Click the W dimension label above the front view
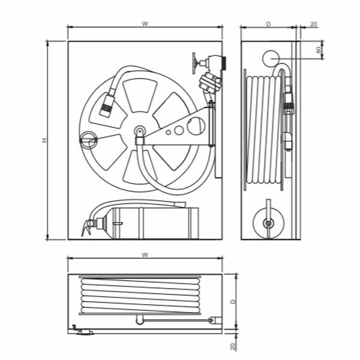click(145, 23)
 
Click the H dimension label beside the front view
click(44, 140)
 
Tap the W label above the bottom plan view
click(145, 254)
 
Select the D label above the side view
click(268, 24)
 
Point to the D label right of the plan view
click(233, 301)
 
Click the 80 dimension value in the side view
click(319, 50)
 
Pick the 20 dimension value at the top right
click(314, 24)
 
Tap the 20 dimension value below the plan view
click(233, 346)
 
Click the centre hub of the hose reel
click(140, 131)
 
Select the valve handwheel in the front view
click(194, 63)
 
